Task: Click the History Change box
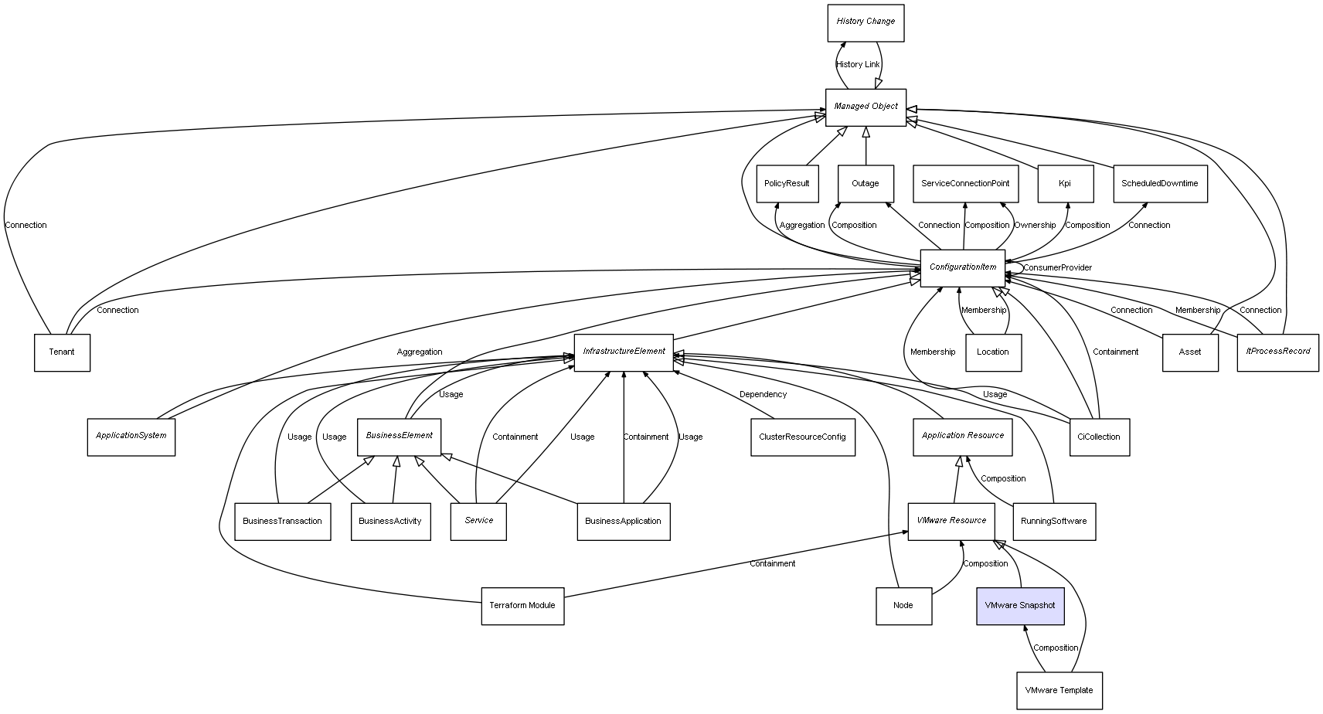coord(866,22)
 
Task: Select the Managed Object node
coord(866,107)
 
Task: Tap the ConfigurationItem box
coord(962,267)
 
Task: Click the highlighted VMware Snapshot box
coord(1019,606)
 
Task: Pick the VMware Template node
coord(1059,690)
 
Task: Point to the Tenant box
coord(62,352)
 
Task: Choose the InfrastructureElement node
coord(624,352)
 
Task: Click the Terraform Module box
coord(522,606)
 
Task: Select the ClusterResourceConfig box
coord(802,437)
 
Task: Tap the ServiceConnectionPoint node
coord(965,184)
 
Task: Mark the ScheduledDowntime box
coord(1159,184)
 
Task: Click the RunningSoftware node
coord(1053,522)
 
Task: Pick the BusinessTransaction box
coord(282,522)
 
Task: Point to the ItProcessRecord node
coord(1277,352)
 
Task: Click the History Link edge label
coord(858,65)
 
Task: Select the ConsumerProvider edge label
coord(1057,268)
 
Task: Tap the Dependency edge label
coord(763,395)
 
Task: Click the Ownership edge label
coord(1035,226)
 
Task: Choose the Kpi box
coord(1065,184)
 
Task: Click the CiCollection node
coord(1098,437)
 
